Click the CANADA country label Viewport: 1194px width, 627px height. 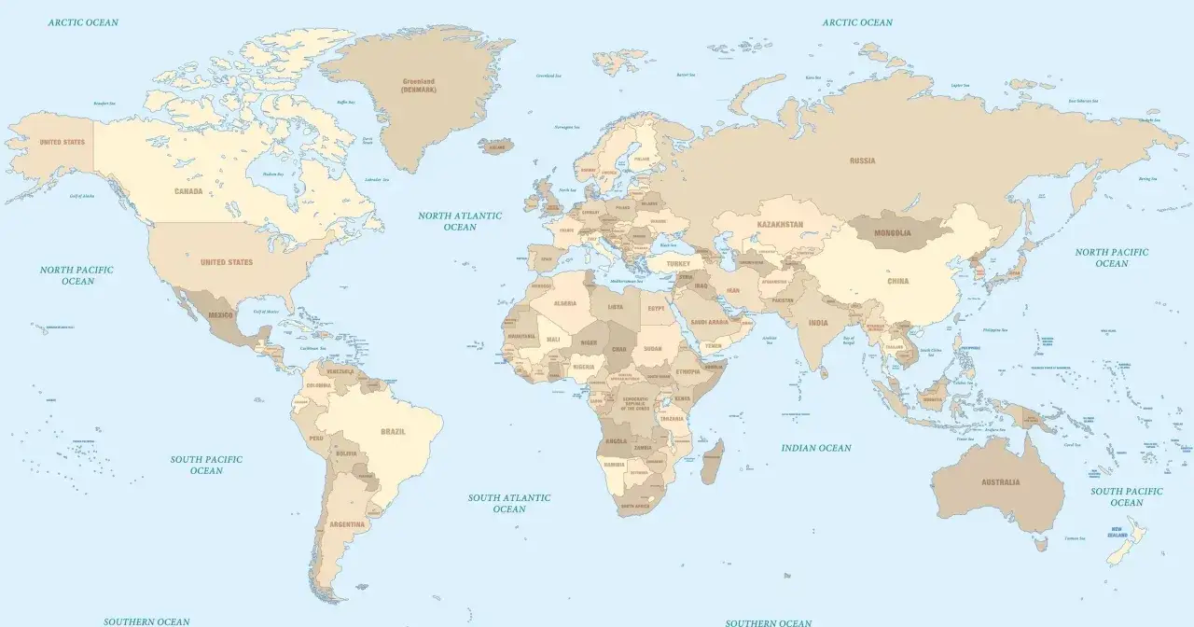[188, 191]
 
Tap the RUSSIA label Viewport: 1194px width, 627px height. [862, 160]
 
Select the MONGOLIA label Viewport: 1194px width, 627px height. [892, 232]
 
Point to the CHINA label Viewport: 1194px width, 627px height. [897, 281]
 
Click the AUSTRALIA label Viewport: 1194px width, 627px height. [1000, 482]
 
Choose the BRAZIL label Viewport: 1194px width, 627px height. [393, 432]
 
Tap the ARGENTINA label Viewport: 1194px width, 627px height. [347, 524]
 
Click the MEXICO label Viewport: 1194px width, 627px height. [220, 315]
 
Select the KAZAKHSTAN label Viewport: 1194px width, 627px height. [780, 225]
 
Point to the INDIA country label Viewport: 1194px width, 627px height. [818, 323]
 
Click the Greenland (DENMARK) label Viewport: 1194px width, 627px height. [419, 85]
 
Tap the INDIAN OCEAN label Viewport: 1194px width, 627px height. [816, 448]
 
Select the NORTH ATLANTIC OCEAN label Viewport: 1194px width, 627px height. [460, 221]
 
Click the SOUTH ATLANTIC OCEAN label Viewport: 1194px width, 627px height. [509, 503]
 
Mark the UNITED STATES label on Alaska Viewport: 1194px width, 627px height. [62, 143]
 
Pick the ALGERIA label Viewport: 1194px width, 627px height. [565, 303]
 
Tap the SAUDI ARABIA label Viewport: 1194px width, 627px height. [710, 322]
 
